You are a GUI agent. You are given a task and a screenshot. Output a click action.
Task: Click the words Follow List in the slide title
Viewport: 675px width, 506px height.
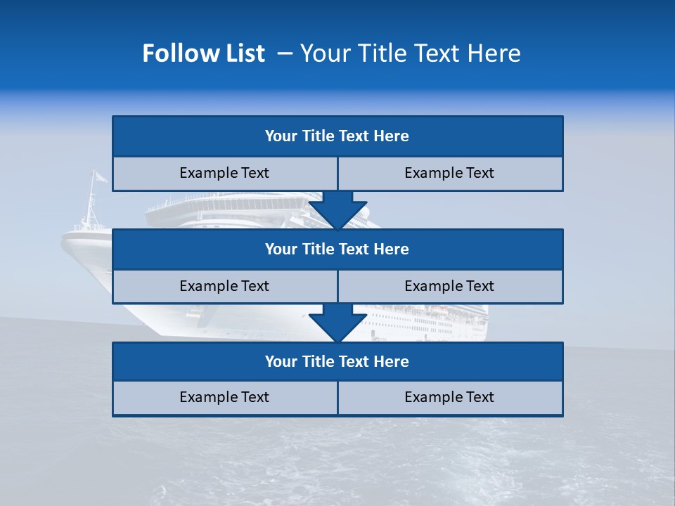pyautogui.click(x=203, y=53)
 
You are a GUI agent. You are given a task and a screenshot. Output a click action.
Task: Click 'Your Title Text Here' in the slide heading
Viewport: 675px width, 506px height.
pyautogui.click(x=410, y=53)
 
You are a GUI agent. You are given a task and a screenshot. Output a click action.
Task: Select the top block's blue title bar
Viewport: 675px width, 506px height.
pyautogui.click(x=337, y=136)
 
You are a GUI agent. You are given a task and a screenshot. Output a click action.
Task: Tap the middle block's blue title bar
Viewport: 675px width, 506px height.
pyautogui.click(x=337, y=249)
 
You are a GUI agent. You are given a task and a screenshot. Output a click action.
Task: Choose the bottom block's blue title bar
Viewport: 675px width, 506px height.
pyautogui.click(x=337, y=361)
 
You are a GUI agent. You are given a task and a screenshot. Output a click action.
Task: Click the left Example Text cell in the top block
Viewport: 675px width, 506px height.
pyautogui.click(x=224, y=173)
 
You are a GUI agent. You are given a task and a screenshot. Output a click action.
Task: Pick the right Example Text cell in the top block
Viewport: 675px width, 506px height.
pyautogui.click(x=449, y=173)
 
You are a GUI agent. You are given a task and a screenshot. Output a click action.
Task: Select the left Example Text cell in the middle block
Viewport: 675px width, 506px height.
pyautogui.click(x=224, y=286)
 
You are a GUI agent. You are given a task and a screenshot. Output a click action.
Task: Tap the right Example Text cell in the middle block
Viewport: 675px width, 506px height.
pyautogui.click(x=449, y=286)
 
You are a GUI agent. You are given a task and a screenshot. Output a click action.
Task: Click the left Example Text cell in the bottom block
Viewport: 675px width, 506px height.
pyautogui.click(x=224, y=397)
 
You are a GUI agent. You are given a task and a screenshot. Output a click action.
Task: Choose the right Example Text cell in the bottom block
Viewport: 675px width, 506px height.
pyautogui.click(x=449, y=397)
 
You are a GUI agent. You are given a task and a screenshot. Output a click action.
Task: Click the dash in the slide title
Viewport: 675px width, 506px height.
pyautogui.click(x=285, y=53)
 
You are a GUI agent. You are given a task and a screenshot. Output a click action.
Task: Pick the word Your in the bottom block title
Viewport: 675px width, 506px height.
pyautogui.click(x=281, y=361)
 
